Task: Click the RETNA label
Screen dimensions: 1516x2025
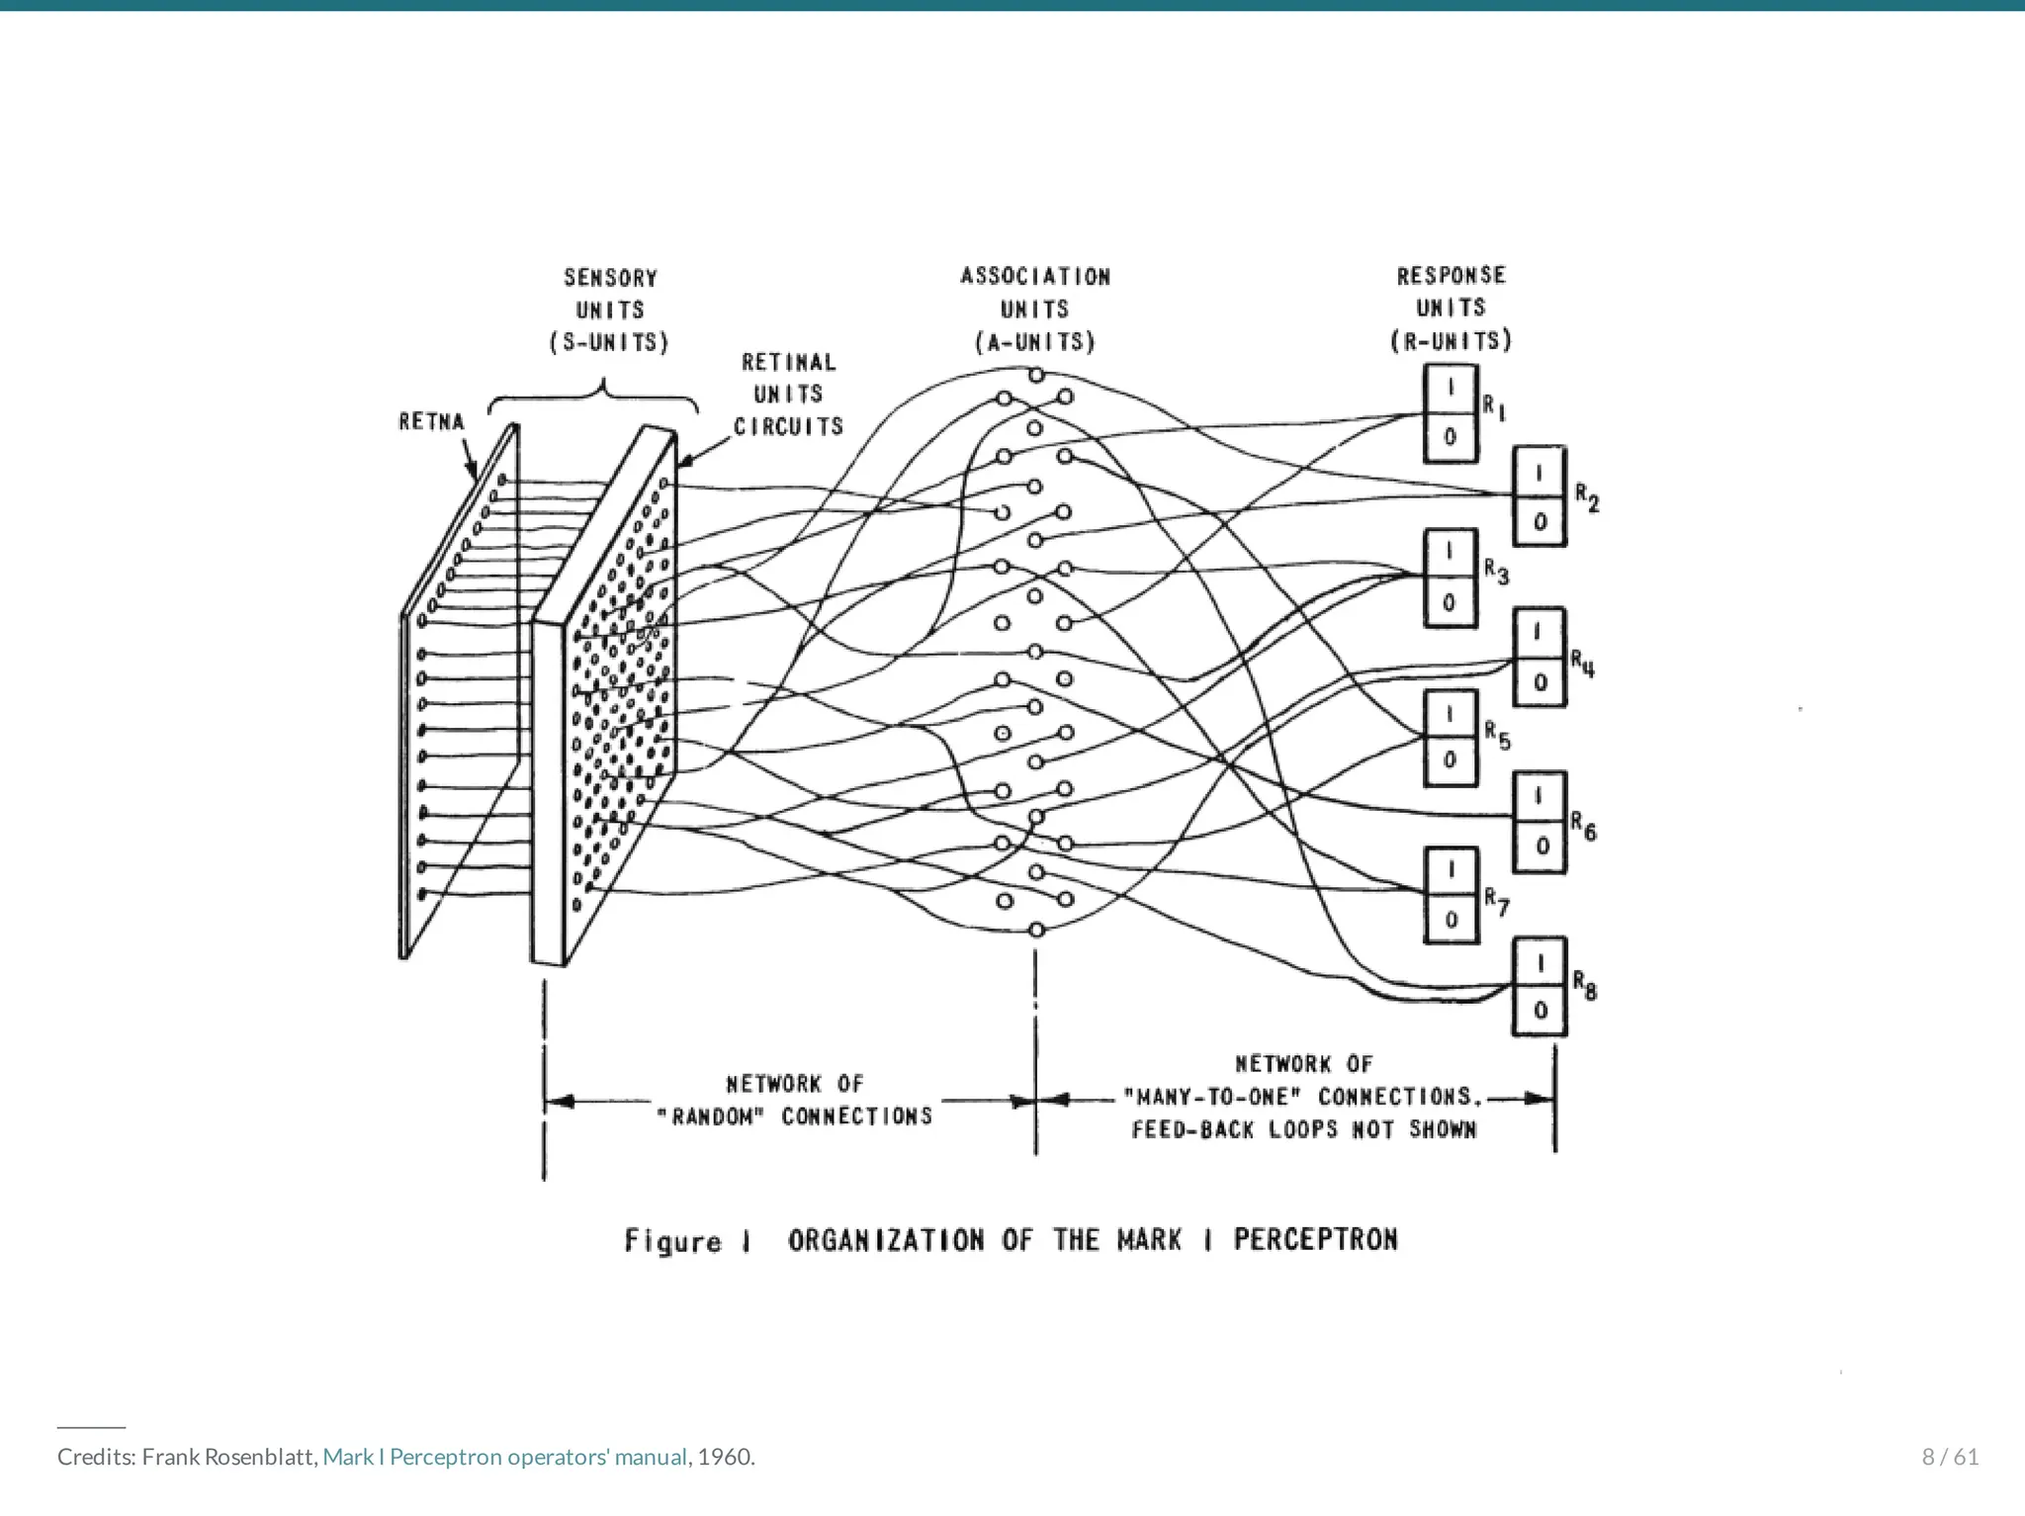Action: coord(431,422)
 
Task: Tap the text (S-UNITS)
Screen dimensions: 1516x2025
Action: coord(610,343)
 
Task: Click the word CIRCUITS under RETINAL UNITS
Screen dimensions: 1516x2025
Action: coord(788,426)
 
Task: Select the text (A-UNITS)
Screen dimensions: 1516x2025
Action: coord(1035,343)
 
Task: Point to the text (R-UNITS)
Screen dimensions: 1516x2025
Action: coord(1451,341)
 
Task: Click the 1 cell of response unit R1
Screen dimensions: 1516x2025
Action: coord(1451,389)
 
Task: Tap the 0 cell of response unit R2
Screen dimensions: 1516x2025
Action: coord(1540,522)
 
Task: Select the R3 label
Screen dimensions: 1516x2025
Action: coord(1496,572)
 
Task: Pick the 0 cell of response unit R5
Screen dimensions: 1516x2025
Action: coord(1450,760)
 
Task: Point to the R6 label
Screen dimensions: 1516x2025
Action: coord(1584,827)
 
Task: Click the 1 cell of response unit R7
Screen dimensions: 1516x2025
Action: coord(1451,870)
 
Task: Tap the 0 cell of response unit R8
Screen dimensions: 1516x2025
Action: coord(1540,1011)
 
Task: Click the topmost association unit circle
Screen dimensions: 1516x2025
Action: coord(1035,375)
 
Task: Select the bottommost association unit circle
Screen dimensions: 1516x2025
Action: coord(1035,930)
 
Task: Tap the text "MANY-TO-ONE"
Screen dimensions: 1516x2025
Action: coord(1214,1098)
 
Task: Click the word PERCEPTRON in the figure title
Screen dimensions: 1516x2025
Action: coord(1315,1240)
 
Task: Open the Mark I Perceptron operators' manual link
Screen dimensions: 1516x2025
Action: coord(504,1457)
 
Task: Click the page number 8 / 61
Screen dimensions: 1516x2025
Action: coord(1950,1457)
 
